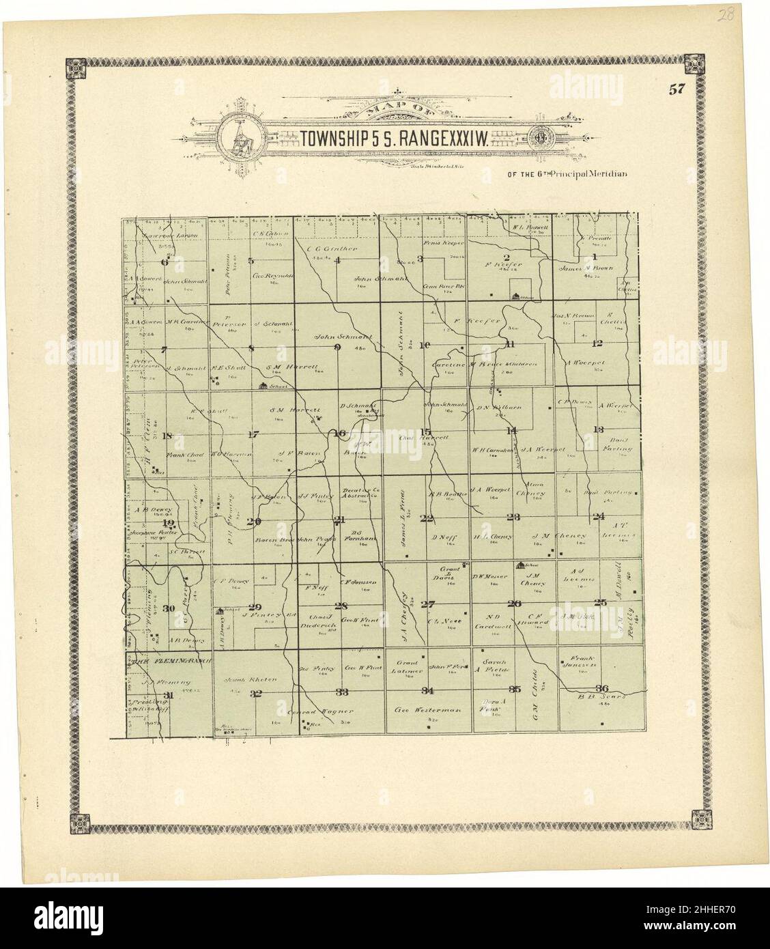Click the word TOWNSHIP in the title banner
(x=337, y=139)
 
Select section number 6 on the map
(x=164, y=262)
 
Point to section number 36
(x=601, y=688)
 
